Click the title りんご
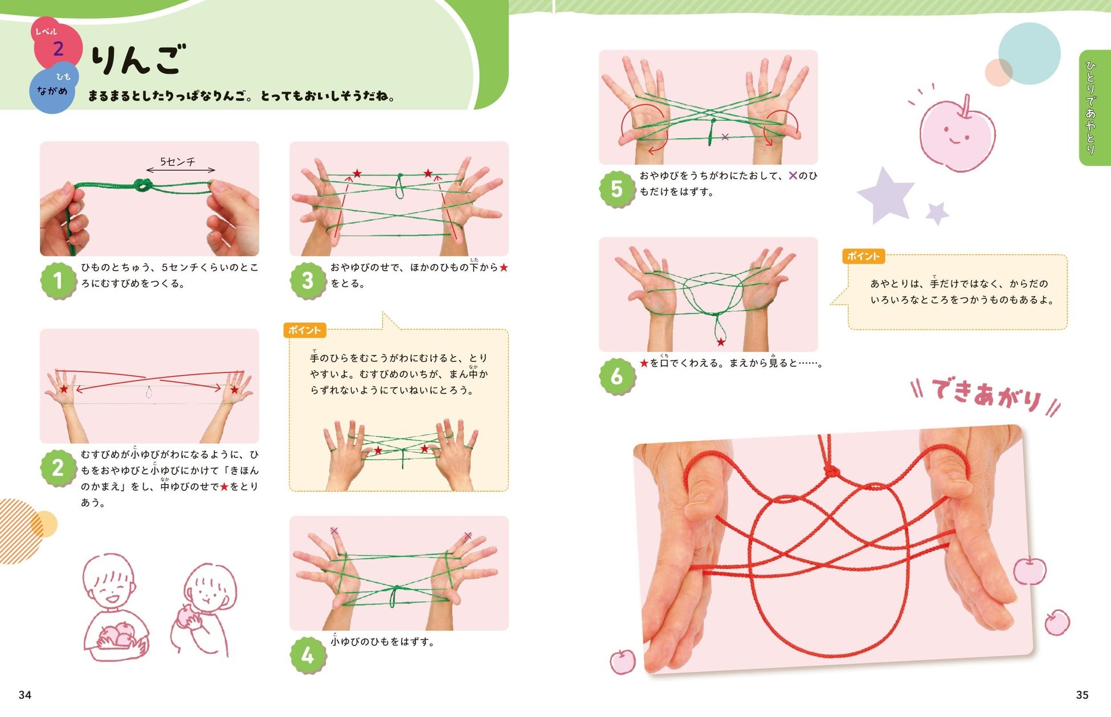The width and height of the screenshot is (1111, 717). (138, 59)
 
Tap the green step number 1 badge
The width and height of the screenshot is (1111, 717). (58, 280)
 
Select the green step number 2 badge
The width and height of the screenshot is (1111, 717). (58, 468)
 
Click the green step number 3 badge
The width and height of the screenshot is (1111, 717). (308, 280)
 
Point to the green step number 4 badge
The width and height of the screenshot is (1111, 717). (308, 655)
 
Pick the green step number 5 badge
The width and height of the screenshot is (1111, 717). (617, 189)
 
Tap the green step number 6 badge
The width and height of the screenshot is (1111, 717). (617, 376)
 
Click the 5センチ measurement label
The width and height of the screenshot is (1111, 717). (178, 162)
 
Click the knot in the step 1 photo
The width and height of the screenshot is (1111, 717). (142, 185)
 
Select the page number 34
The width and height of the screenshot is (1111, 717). (25, 695)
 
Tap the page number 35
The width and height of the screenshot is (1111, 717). (1082, 695)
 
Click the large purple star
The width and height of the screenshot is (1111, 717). (886, 195)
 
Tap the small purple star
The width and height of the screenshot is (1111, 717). (937, 213)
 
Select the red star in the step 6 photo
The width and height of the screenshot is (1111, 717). (721, 342)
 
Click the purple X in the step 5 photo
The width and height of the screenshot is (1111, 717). (725, 137)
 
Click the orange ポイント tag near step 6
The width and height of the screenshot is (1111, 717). (863, 256)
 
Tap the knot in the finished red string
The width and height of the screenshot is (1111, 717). (831, 471)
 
